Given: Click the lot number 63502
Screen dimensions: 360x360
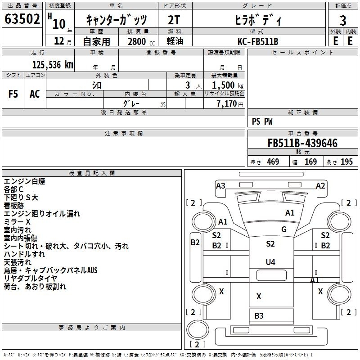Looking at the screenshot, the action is click(22, 19).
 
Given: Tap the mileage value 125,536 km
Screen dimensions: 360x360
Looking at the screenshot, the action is click(53, 65).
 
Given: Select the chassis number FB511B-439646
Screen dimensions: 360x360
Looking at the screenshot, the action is click(302, 143).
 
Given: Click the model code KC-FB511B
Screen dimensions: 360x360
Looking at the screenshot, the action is click(258, 41).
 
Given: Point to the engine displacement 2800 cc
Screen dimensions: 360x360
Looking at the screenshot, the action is click(141, 42).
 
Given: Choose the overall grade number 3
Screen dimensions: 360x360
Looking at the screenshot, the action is click(343, 21).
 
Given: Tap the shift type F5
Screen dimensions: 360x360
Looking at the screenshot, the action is click(13, 94).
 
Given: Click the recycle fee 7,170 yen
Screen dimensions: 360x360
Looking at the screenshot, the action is click(230, 104).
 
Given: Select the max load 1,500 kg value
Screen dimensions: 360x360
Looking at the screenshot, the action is click(228, 85).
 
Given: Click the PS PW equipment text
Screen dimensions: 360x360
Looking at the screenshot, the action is click(262, 121).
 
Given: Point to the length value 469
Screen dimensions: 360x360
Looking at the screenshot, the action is click(273, 162).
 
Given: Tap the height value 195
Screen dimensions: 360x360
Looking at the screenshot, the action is click(346, 162).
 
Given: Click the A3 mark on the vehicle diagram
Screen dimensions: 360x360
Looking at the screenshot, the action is click(220, 185).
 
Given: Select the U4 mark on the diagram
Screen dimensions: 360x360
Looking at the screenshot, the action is click(270, 262).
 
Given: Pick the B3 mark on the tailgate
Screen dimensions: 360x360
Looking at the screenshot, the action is click(259, 316).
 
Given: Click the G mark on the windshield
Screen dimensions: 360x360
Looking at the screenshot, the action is click(284, 229).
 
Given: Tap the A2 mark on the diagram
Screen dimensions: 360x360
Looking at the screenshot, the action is click(320, 185).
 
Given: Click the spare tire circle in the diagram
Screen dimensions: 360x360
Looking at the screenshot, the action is click(198, 330).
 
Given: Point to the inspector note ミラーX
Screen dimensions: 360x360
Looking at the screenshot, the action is click(17, 222).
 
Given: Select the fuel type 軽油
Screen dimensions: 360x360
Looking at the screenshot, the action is click(175, 41).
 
